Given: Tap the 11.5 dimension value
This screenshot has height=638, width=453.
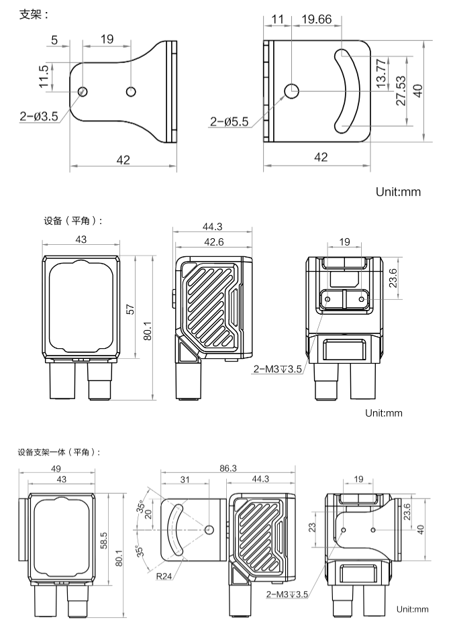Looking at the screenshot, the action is [x=44, y=76].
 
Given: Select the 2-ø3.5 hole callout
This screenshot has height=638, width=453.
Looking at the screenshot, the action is [x=39, y=117].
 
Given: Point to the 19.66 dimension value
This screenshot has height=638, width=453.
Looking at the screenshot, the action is [x=316, y=19].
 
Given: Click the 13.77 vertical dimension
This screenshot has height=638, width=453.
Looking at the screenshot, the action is [x=381, y=74].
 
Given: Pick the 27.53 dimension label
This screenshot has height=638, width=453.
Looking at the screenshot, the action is [x=401, y=91].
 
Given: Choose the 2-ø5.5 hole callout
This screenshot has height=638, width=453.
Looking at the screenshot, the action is [x=229, y=121].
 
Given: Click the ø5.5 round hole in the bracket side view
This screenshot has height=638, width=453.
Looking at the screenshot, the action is [x=291, y=91].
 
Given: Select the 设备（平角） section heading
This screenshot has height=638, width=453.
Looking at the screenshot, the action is [x=73, y=221].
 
